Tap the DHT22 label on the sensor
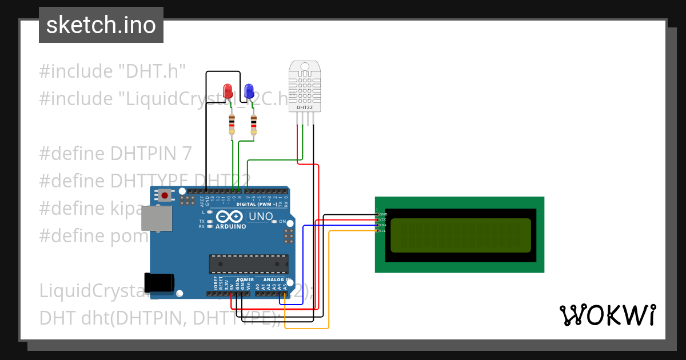[x=305, y=107]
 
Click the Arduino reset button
[x=165, y=195]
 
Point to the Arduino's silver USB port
[x=156, y=218]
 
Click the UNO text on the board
[x=261, y=217]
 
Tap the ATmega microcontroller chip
[x=249, y=263]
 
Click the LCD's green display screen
[x=460, y=235]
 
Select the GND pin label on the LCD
[x=383, y=214]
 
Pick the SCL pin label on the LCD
[x=382, y=231]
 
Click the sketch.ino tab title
[x=101, y=25]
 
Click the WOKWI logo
[x=607, y=315]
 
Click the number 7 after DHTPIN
[x=186, y=154]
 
